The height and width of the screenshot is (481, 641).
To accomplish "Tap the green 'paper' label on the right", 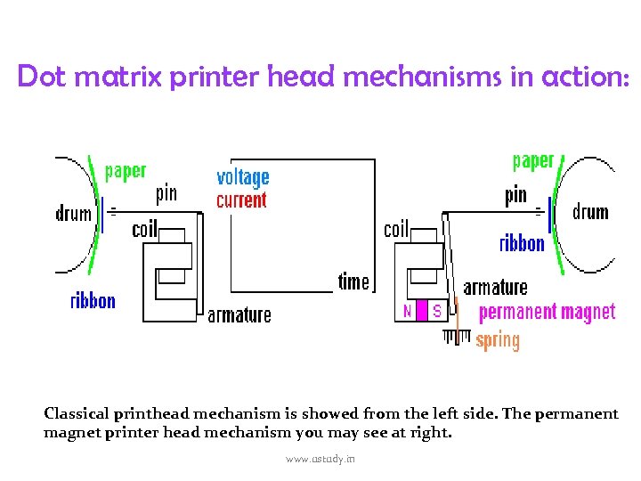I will click(x=533, y=161).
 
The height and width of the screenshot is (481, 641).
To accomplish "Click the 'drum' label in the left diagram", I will click(x=74, y=213).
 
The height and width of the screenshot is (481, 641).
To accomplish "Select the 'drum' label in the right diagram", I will click(x=590, y=212).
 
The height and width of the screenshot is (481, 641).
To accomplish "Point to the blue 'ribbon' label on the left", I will click(x=93, y=300).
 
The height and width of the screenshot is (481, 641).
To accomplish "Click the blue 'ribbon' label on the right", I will click(x=522, y=242).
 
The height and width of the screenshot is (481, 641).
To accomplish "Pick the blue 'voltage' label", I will click(x=242, y=177).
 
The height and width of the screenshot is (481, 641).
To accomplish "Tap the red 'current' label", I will click(x=241, y=200).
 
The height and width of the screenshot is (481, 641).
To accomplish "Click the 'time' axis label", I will click(x=353, y=281).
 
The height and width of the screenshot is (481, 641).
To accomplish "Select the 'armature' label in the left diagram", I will click(x=239, y=315).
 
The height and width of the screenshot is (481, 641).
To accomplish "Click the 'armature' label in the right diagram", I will click(x=495, y=287).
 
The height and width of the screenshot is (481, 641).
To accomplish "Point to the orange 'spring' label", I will click(x=498, y=340).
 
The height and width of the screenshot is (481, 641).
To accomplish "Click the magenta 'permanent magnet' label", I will click(x=547, y=312).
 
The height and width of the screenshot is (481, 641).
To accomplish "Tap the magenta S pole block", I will click(x=436, y=311).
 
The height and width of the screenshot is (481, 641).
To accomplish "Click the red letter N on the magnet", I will click(x=408, y=311).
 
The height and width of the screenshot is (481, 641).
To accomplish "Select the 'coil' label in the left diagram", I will click(x=144, y=229).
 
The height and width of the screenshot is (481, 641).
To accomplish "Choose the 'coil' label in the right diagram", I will click(x=396, y=229).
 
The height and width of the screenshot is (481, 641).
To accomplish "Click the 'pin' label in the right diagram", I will click(x=515, y=195).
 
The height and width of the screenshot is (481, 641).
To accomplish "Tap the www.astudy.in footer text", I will click(x=320, y=458).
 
